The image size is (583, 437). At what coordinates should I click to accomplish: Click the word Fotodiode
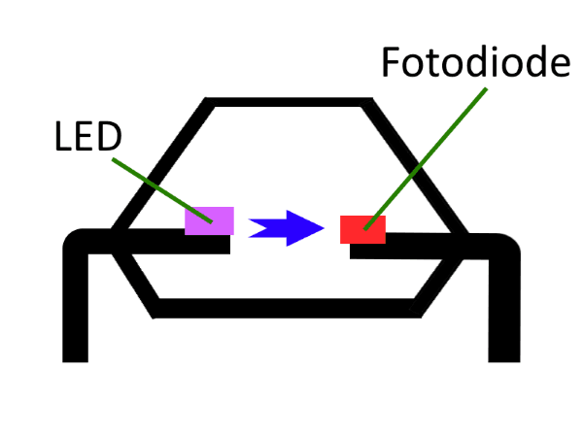pos(474,64)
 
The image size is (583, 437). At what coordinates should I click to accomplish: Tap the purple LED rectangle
pos(210,220)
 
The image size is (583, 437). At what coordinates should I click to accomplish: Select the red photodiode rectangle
pos(362,229)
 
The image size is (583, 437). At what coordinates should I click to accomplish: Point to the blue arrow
pos(287,228)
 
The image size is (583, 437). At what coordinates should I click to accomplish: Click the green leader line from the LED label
pos(155,185)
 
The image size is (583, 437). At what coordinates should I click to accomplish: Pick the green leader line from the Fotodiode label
pos(428,155)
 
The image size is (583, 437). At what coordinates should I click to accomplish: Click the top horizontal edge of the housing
pos(289,101)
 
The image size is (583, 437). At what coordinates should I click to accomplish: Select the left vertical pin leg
pos(76,311)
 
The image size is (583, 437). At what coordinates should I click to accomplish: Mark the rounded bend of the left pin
pos(78,243)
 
